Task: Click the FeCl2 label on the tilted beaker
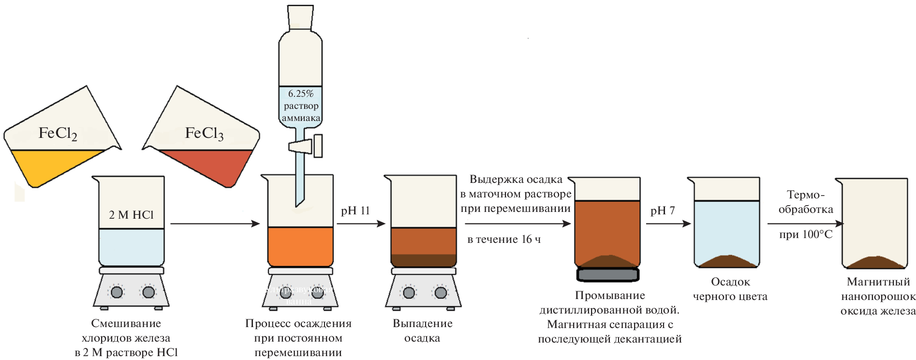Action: click(x=58, y=134)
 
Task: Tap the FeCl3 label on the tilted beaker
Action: click(x=204, y=134)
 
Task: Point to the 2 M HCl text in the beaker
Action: click(x=131, y=215)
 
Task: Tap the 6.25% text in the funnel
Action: click(x=301, y=94)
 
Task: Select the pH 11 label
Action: click(x=355, y=211)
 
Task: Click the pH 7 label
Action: click(x=663, y=211)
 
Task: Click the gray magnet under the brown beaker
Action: click(x=608, y=275)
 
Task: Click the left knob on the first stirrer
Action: click(x=117, y=292)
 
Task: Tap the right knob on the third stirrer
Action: click(x=441, y=293)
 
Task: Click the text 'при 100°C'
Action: click(x=806, y=235)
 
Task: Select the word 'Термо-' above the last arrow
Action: click(x=806, y=195)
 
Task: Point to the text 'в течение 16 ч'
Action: click(x=504, y=240)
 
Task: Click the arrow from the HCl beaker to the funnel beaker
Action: click(x=215, y=224)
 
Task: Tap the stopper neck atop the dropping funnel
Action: click(x=300, y=17)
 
